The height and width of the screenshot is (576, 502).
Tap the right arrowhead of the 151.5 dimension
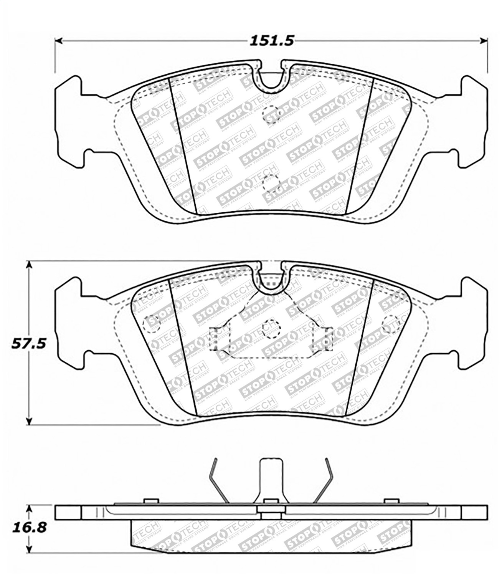484,40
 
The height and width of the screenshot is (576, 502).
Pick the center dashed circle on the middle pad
271,329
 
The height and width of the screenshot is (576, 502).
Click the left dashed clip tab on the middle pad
217,339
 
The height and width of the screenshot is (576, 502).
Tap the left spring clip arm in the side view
217,480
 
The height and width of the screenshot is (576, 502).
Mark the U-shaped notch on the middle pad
271,278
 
